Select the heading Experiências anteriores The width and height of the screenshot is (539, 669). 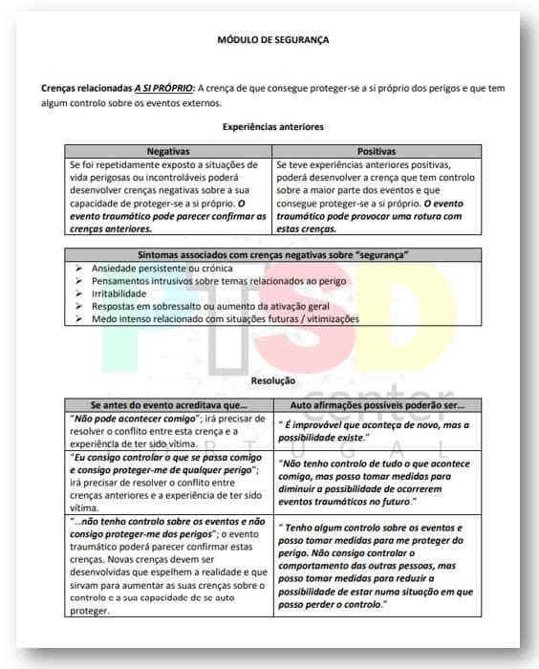[x=273, y=127]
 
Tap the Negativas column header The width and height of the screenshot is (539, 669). [x=168, y=151]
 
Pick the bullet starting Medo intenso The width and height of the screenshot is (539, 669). [x=226, y=318]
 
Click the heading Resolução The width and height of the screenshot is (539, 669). [x=272, y=380]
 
